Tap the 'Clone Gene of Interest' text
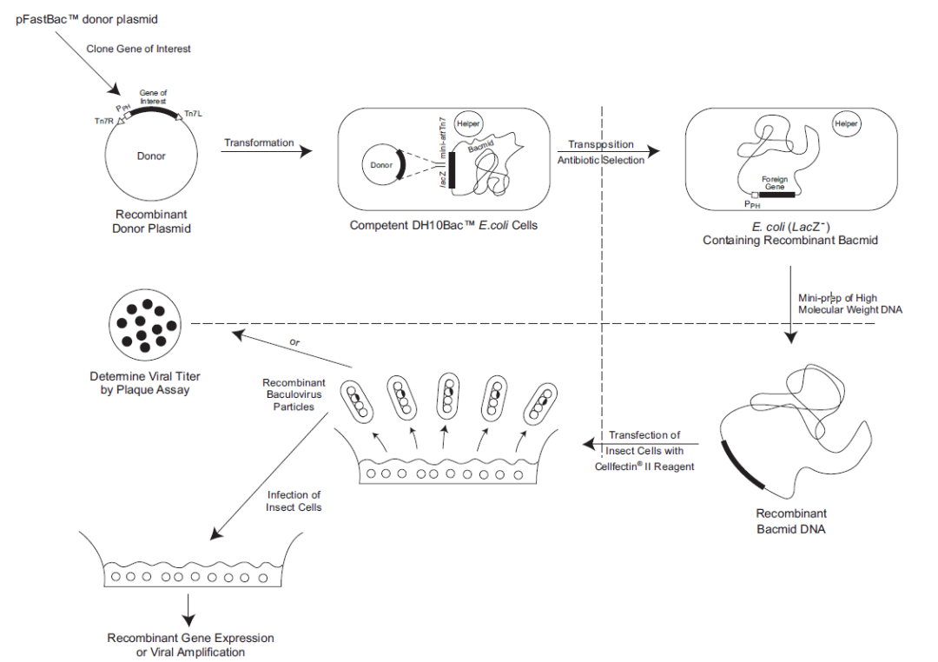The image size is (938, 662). [138, 49]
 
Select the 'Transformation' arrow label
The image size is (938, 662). [259, 142]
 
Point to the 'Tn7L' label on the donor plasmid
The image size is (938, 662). [194, 114]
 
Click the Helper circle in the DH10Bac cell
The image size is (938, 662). [469, 124]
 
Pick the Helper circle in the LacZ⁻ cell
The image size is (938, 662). [846, 124]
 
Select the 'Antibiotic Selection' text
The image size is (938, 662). [601, 160]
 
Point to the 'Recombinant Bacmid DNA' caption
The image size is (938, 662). [790, 520]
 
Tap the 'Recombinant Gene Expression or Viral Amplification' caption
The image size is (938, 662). [190, 645]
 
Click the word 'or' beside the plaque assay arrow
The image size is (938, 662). [296, 342]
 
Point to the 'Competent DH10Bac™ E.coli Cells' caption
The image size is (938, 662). [443, 225]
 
